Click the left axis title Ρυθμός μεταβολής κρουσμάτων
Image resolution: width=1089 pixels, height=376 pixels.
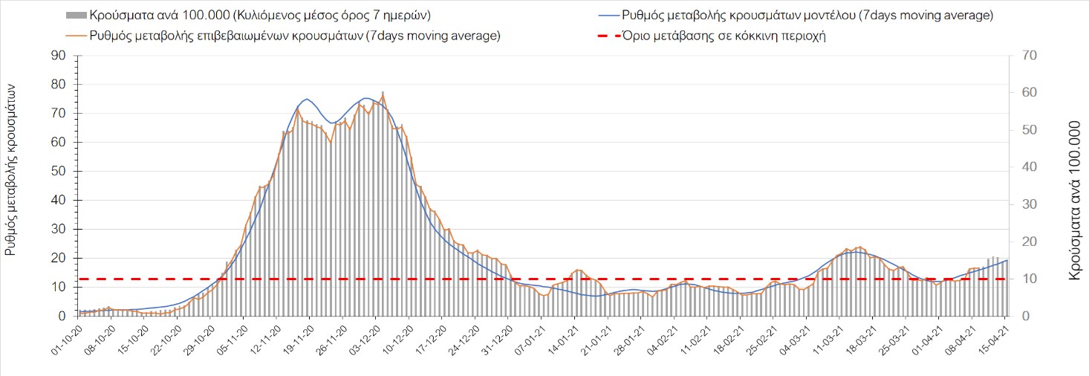11,169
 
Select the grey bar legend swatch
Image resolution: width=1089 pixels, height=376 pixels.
77,15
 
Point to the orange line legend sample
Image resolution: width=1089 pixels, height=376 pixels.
77,35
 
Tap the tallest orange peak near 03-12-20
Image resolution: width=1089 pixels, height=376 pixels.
383,94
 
